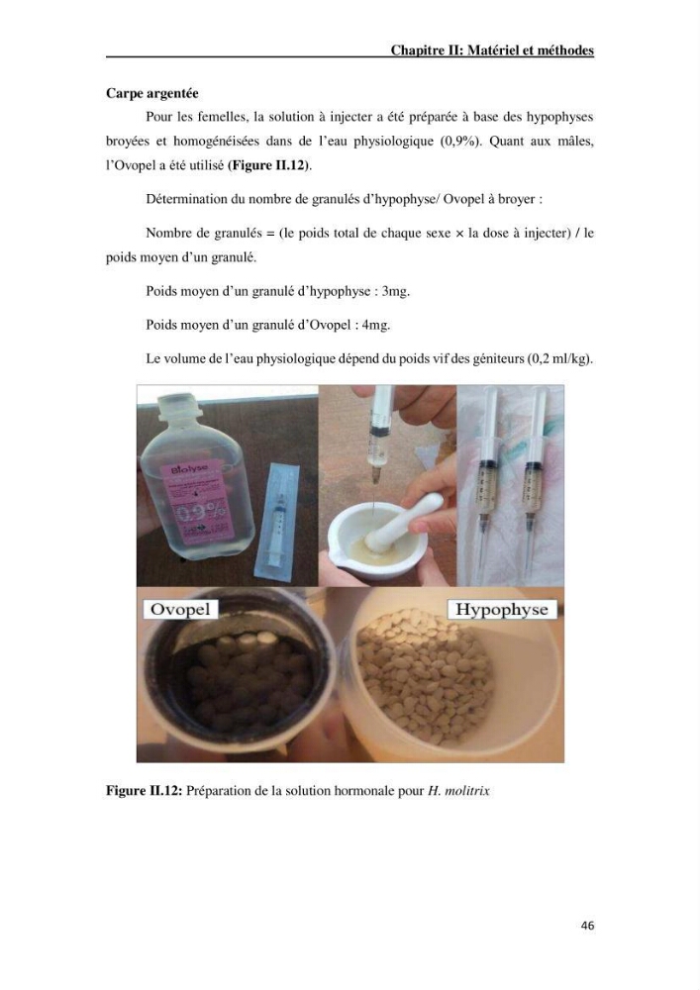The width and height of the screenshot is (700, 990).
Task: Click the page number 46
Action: tap(587, 926)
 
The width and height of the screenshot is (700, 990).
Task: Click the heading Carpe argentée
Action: tap(152, 93)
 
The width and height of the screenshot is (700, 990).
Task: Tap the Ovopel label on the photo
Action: tap(180, 609)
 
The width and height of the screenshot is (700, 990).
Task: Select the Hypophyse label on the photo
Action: tap(502, 609)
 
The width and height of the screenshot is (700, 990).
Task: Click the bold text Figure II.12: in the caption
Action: tap(144, 790)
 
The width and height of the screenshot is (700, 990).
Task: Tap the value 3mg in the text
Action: tap(396, 292)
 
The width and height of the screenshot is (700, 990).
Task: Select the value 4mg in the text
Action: tap(376, 325)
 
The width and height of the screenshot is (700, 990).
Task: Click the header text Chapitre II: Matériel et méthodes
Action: tap(492, 50)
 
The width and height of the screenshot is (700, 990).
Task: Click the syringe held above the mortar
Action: tap(378, 436)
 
